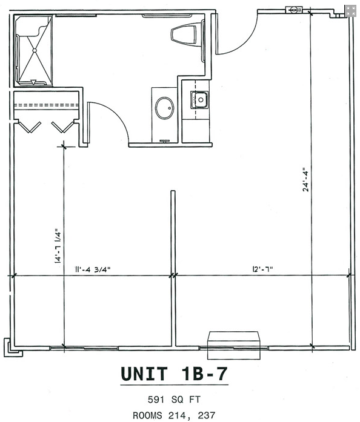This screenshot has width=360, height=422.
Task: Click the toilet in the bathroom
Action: pyautogui.click(x=185, y=34)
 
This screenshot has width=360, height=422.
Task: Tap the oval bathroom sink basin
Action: pyautogui.click(x=164, y=109)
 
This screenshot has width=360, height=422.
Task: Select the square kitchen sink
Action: pyautogui.click(x=199, y=99)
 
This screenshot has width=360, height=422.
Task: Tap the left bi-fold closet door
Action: pyautogui.click(x=28, y=127)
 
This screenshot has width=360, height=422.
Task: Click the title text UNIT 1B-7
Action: pyautogui.click(x=174, y=374)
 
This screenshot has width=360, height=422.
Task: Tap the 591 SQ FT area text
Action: pyautogui.click(x=174, y=400)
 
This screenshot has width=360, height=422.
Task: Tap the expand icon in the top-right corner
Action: pyautogui.click(x=351, y=10)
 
